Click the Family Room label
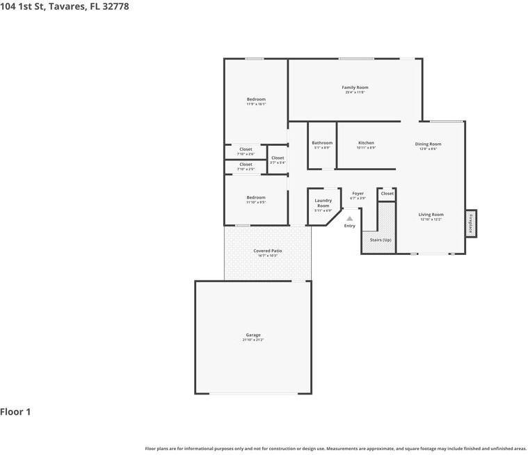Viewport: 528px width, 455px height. (355, 88)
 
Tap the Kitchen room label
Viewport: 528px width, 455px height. (366, 143)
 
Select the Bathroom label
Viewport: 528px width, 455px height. (322, 143)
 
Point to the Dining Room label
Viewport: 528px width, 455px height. (428, 144)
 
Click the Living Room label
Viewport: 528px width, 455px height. (431, 215)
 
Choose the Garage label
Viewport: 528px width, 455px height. (253, 335)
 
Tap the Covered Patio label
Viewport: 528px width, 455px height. (267, 251)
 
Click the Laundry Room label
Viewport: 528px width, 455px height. (323, 203)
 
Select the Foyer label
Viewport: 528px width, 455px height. (358, 194)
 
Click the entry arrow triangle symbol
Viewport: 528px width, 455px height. (350, 218)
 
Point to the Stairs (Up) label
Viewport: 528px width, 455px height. (381, 240)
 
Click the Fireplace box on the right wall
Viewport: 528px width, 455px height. (471, 224)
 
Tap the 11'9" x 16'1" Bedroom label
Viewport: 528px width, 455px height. (256, 99)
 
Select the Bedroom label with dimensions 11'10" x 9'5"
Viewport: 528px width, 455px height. (256, 198)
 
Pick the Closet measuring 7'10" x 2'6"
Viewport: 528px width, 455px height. (246, 149)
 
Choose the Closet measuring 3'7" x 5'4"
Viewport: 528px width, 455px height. (278, 158)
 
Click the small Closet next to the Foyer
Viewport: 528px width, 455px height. (387, 194)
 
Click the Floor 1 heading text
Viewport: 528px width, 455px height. (15, 412)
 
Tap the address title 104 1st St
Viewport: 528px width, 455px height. (64, 6)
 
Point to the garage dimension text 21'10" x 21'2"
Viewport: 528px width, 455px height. (253, 340)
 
